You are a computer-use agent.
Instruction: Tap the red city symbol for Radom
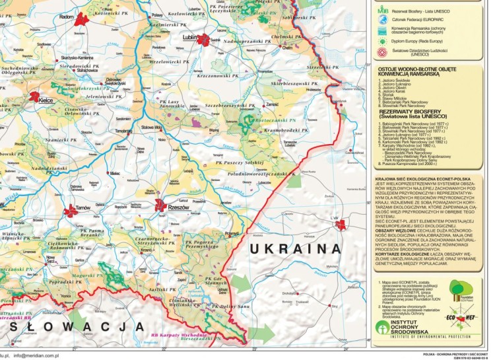coord(81,20)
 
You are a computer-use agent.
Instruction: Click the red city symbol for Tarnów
coord(71,211)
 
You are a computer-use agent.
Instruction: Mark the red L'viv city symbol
coord(341,225)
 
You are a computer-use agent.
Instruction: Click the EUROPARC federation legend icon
coord(383,20)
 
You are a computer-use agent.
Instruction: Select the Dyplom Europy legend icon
coord(383,40)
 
